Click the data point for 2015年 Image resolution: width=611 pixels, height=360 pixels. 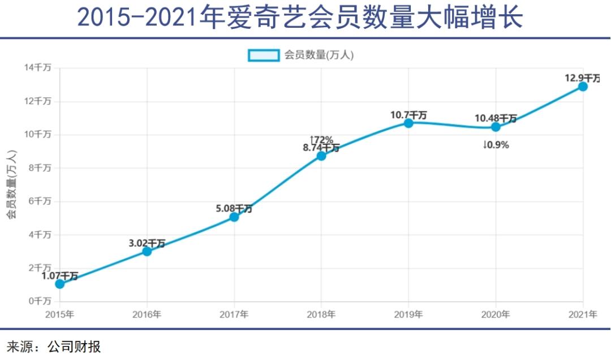59,284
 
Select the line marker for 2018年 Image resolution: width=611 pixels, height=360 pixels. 321,156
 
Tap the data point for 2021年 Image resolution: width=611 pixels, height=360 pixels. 583,87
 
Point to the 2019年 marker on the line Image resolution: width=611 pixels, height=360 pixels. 408,123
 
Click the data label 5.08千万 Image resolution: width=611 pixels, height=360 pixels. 234,208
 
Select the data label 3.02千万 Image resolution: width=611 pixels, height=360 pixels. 147,243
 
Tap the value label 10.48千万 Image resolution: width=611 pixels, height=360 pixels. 495,118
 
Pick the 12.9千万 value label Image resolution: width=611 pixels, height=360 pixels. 582,78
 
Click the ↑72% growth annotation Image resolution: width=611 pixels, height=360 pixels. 321,139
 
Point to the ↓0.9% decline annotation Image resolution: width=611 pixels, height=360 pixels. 496,145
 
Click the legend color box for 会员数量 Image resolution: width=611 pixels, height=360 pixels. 263,55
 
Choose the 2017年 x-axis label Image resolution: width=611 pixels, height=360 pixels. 234,315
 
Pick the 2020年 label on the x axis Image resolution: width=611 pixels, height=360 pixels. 496,315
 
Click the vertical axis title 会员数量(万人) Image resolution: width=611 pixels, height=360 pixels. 11,185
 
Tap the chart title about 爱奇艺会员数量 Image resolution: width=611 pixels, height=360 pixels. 300,18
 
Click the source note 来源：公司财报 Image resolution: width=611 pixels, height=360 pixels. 54,345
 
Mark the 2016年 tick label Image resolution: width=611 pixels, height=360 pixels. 147,315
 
